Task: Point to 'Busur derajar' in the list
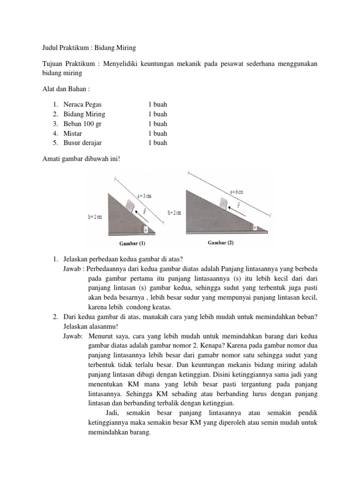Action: pyautogui.click(x=82, y=143)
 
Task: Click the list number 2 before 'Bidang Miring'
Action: pyautogui.click(x=55, y=114)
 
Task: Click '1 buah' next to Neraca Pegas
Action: pyautogui.click(x=157, y=105)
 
